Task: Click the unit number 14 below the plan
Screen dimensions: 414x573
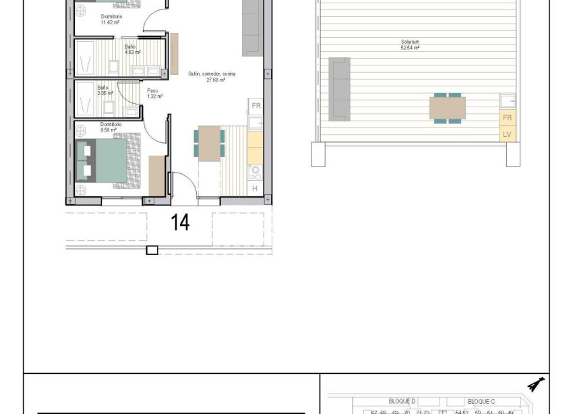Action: [180, 223]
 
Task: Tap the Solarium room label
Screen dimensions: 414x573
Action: [410, 45]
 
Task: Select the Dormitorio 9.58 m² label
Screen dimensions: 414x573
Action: [111, 127]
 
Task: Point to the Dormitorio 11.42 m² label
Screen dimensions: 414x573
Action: [111, 19]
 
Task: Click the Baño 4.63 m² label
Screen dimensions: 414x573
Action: [132, 49]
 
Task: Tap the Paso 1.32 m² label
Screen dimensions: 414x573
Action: [155, 94]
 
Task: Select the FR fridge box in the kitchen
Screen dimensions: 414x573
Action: [256, 106]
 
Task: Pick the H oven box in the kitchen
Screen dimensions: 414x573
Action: [255, 188]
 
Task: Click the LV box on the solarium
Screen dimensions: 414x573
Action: [507, 134]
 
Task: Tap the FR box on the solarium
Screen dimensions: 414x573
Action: [507, 117]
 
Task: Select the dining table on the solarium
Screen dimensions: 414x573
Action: [448, 108]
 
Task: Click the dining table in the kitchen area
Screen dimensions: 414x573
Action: [210, 143]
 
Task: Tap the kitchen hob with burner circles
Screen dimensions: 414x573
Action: [255, 172]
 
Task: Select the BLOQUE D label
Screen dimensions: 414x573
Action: [402, 401]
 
